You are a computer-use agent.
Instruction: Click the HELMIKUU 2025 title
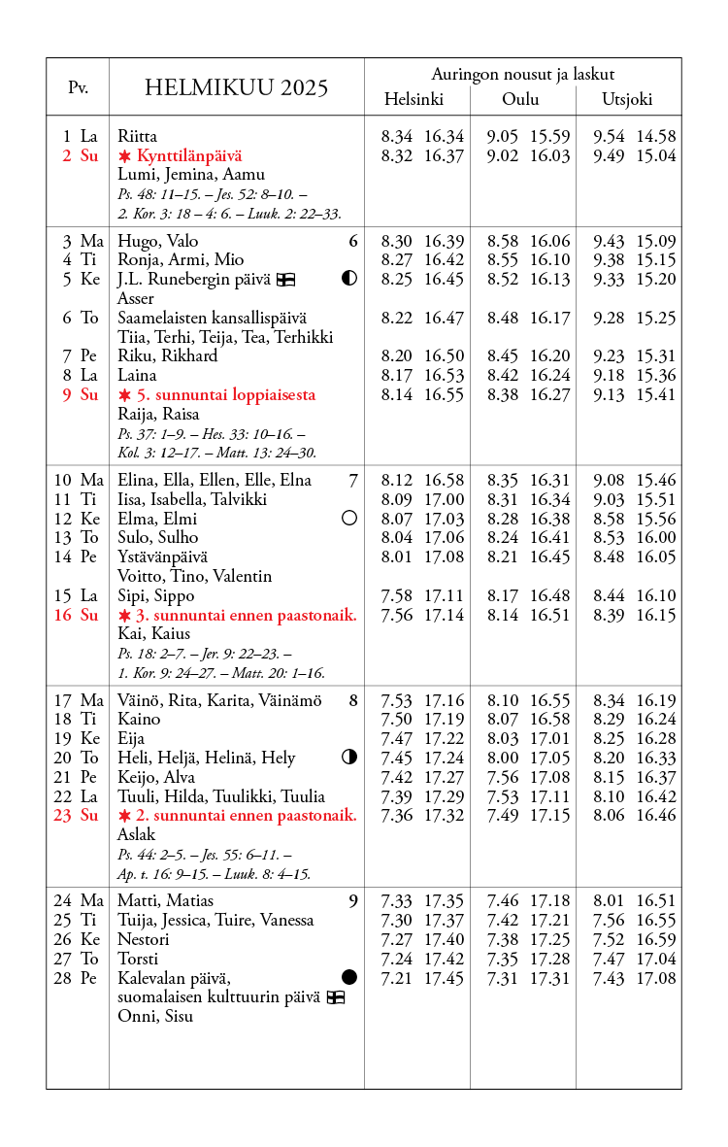point(236,88)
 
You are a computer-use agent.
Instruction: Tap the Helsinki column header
point(414,99)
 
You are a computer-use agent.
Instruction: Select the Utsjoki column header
point(627,99)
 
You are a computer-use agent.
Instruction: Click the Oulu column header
point(520,99)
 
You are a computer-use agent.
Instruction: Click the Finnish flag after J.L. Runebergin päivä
point(285,280)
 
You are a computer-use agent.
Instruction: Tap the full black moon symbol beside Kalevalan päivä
point(349,976)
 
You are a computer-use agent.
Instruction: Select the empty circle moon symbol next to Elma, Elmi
point(349,519)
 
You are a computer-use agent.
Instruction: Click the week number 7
point(353,480)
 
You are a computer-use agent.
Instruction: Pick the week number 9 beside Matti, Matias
point(353,901)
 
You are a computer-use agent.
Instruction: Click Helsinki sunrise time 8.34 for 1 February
point(397,137)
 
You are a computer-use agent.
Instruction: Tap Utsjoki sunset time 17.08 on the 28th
point(656,978)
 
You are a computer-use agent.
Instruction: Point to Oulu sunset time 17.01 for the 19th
point(550,739)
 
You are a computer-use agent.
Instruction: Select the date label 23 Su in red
point(76,816)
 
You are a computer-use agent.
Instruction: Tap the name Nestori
point(144,939)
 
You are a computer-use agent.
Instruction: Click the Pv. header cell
point(78,87)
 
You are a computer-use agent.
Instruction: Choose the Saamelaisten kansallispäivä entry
point(212,318)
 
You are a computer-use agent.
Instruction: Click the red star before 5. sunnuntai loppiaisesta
point(124,395)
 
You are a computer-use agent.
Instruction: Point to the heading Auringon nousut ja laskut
point(522,74)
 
